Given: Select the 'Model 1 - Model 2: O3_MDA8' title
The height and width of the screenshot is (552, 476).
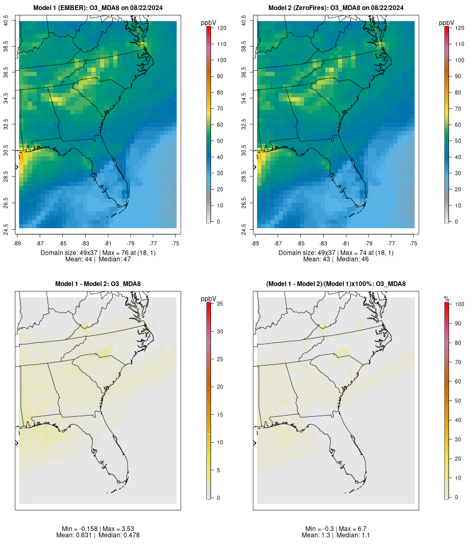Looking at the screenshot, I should (x=98, y=284).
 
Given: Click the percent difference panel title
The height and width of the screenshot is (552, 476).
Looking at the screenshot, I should (x=336, y=284).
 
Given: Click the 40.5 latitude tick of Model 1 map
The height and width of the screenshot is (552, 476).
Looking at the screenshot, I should (x=6, y=21).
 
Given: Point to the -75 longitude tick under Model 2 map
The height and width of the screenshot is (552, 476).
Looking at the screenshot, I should (x=414, y=244).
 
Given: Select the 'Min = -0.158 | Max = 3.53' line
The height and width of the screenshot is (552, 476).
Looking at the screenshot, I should (x=98, y=529).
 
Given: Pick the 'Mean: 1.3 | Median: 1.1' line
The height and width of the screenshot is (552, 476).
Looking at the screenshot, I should (x=336, y=536).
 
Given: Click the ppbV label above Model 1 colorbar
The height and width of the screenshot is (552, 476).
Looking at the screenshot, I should (x=208, y=23).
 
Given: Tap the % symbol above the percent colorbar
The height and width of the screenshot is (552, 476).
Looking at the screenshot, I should (x=446, y=299).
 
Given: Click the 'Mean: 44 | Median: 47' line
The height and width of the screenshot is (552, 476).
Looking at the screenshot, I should (x=98, y=259).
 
